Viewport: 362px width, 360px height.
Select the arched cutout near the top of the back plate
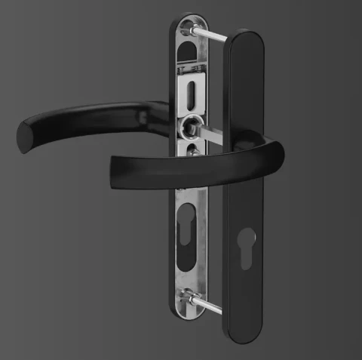pos(192,45)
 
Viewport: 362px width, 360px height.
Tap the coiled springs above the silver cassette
pos(193,69)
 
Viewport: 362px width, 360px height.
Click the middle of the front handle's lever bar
pos(189,162)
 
